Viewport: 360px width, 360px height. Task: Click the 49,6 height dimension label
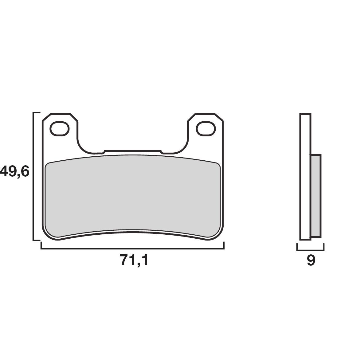[15, 172]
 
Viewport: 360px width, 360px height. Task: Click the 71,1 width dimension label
[134, 260]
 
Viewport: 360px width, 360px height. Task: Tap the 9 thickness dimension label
[311, 260]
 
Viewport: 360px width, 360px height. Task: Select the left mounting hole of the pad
[60, 128]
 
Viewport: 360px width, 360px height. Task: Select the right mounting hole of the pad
[206, 128]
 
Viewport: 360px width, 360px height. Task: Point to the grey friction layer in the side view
[316, 196]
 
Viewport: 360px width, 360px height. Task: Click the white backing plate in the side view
[305, 177]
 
